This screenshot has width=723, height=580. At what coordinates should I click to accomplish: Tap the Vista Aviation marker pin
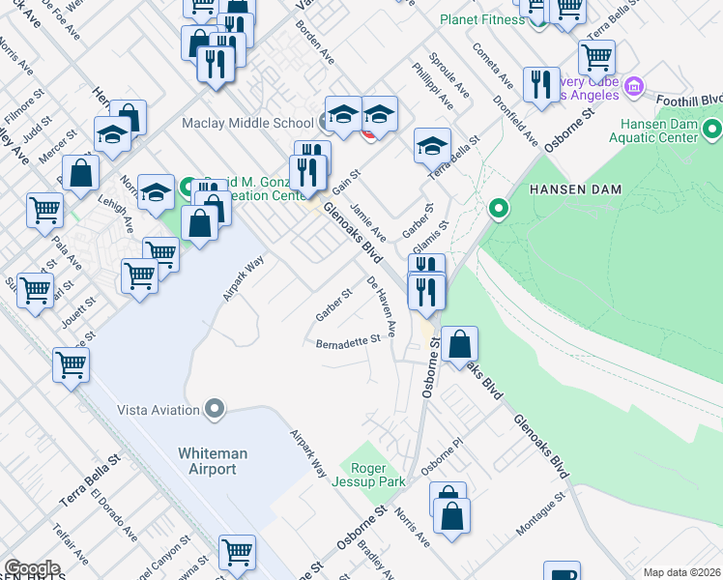pyautogui.click(x=215, y=410)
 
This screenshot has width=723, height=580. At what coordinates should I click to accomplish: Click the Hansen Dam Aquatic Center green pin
pyautogui.click(x=711, y=129)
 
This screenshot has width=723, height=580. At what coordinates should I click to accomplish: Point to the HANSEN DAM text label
pyautogui.click(x=572, y=190)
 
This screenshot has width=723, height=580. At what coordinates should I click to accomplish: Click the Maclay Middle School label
pyautogui.click(x=246, y=123)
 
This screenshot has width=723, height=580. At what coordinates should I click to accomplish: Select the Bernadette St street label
pyautogui.click(x=348, y=342)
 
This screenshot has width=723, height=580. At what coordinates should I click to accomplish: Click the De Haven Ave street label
pyautogui.click(x=382, y=305)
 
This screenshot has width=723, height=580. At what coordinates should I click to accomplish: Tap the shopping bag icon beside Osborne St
pyautogui.click(x=461, y=343)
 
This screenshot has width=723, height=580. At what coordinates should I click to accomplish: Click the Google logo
pyautogui.click(x=32, y=568)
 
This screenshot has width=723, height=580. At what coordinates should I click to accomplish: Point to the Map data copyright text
pyautogui.click(x=682, y=572)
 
